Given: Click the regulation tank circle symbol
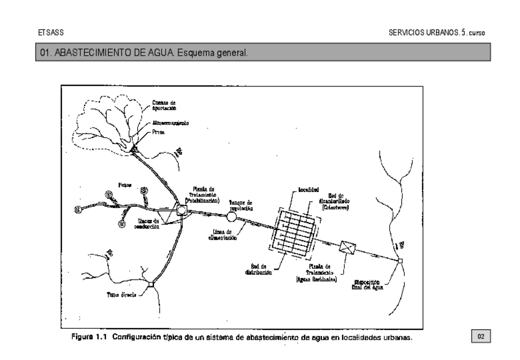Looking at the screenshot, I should pyautogui.click(x=232, y=216).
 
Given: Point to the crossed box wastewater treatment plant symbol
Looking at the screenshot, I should pyautogui.click(x=348, y=247).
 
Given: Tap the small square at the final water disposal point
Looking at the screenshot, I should pyautogui.click(x=399, y=261).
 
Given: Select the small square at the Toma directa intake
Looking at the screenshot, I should pyautogui.click(x=150, y=284).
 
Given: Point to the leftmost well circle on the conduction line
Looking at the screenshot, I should pyautogui.click(x=78, y=209).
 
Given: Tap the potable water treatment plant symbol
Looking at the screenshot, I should pyautogui.click(x=182, y=210).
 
